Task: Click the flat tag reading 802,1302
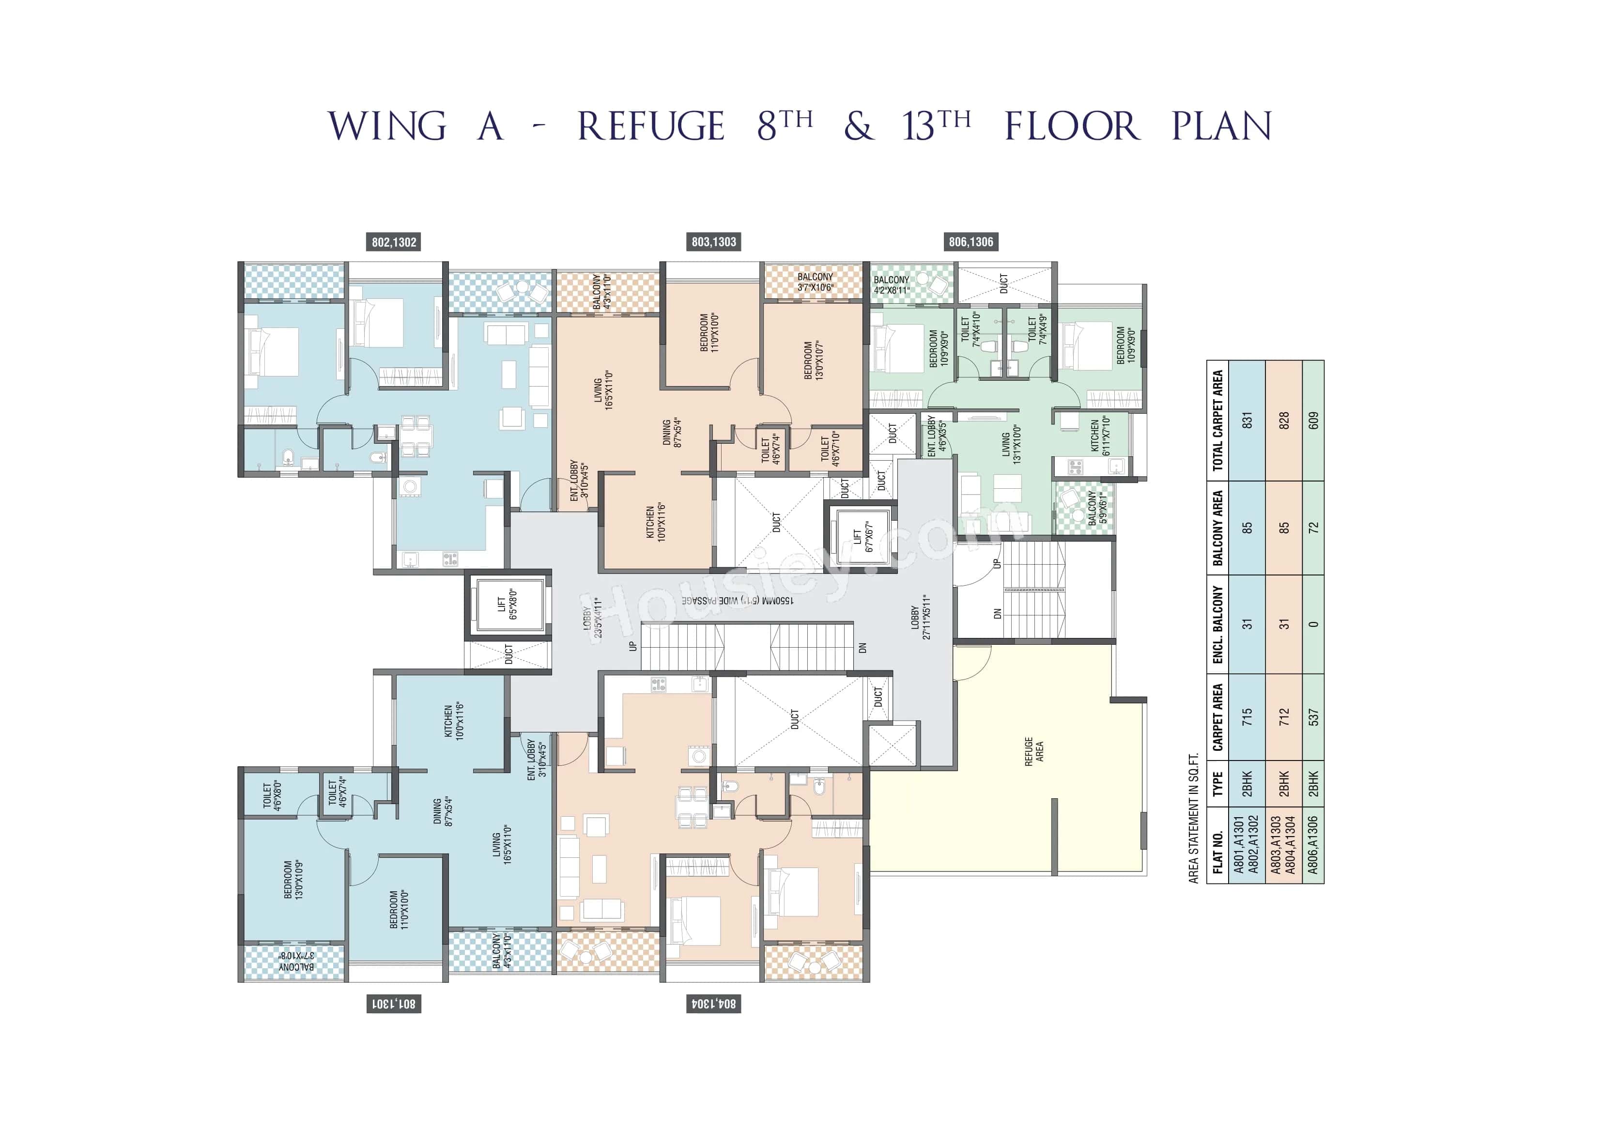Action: point(394,242)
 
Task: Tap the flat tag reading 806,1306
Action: point(970,242)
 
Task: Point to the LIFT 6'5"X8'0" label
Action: point(507,604)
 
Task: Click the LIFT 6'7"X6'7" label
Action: point(863,536)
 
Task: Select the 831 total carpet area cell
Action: point(1247,420)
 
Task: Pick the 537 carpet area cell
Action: point(1313,717)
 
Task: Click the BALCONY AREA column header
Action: point(1217,528)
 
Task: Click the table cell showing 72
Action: point(1313,528)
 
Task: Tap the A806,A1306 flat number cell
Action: point(1313,845)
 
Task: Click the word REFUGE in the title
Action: point(650,126)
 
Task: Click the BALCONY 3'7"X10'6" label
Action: point(815,282)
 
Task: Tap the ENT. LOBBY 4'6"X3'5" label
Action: point(937,435)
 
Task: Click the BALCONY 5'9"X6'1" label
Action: point(1097,508)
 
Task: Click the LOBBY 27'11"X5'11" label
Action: point(920,617)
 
